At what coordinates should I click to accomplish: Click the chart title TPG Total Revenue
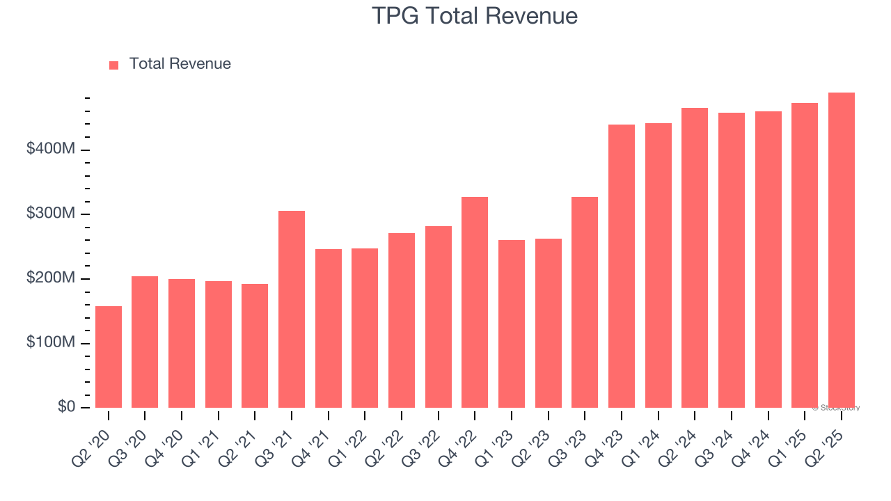click(475, 15)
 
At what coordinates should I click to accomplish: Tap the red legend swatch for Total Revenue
click(114, 65)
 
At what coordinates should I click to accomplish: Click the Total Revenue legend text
click(180, 64)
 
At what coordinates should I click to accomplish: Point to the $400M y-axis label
click(51, 149)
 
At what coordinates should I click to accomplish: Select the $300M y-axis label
click(51, 214)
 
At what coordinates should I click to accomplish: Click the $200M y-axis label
click(51, 278)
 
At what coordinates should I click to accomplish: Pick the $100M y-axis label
click(51, 343)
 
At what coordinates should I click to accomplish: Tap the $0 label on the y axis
click(66, 407)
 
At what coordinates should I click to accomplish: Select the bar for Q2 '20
click(109, 357)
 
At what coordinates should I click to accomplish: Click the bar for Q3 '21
click(292, 310)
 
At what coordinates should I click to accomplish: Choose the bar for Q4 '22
click(475, 303)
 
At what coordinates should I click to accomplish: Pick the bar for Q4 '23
click(622, 267)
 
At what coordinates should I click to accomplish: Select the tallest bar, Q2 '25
click(841, 250)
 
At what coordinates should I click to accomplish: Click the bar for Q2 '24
click(695, 258)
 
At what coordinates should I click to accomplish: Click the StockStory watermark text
click(836, 408)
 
